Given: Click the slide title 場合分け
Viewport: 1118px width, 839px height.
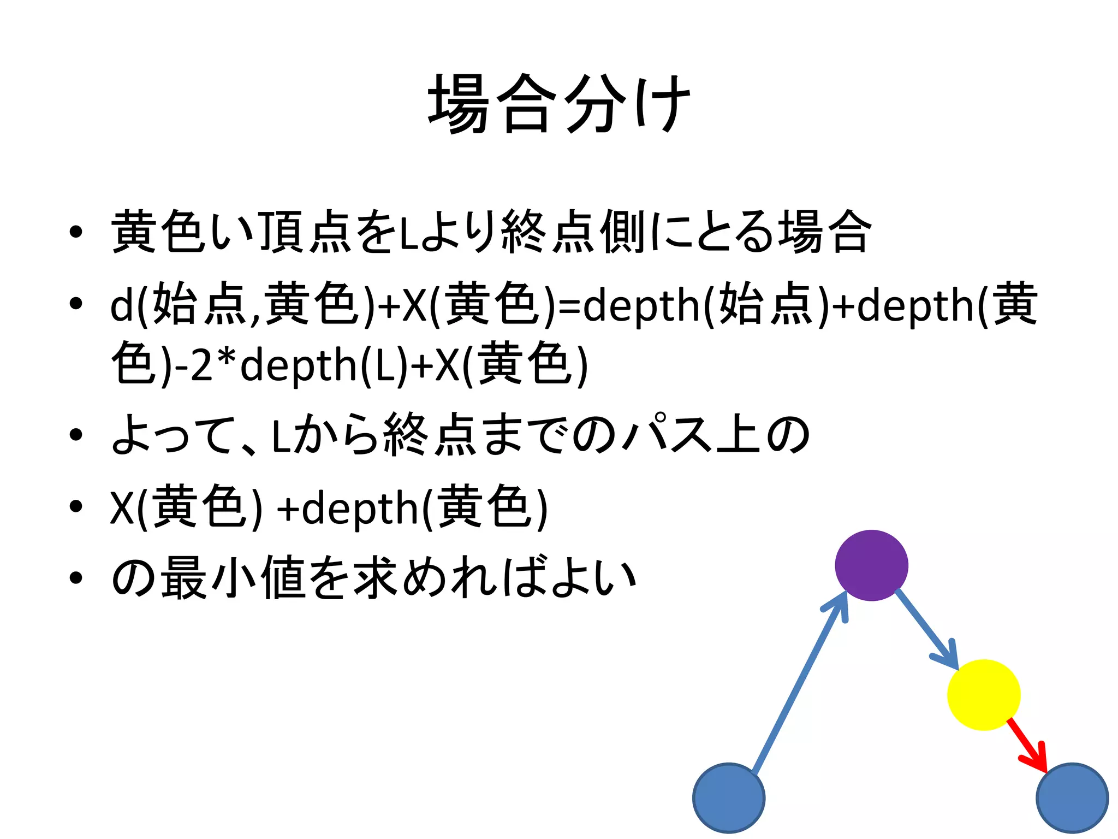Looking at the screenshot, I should point(559,104).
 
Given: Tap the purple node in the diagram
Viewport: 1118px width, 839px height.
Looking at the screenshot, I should point(871,565).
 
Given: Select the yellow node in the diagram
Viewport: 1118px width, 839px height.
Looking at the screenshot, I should point(983,695).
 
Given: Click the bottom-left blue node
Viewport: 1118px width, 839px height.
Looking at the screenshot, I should point(729,797).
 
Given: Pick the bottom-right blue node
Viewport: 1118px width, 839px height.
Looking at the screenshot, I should point(1072,797).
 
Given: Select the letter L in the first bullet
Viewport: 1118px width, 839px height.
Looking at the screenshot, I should point(406,234).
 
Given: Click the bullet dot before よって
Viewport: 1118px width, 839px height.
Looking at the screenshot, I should point(76,435).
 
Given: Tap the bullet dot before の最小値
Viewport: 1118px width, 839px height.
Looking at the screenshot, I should point(76,578).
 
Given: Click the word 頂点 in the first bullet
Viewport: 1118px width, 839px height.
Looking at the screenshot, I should point(305,233).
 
